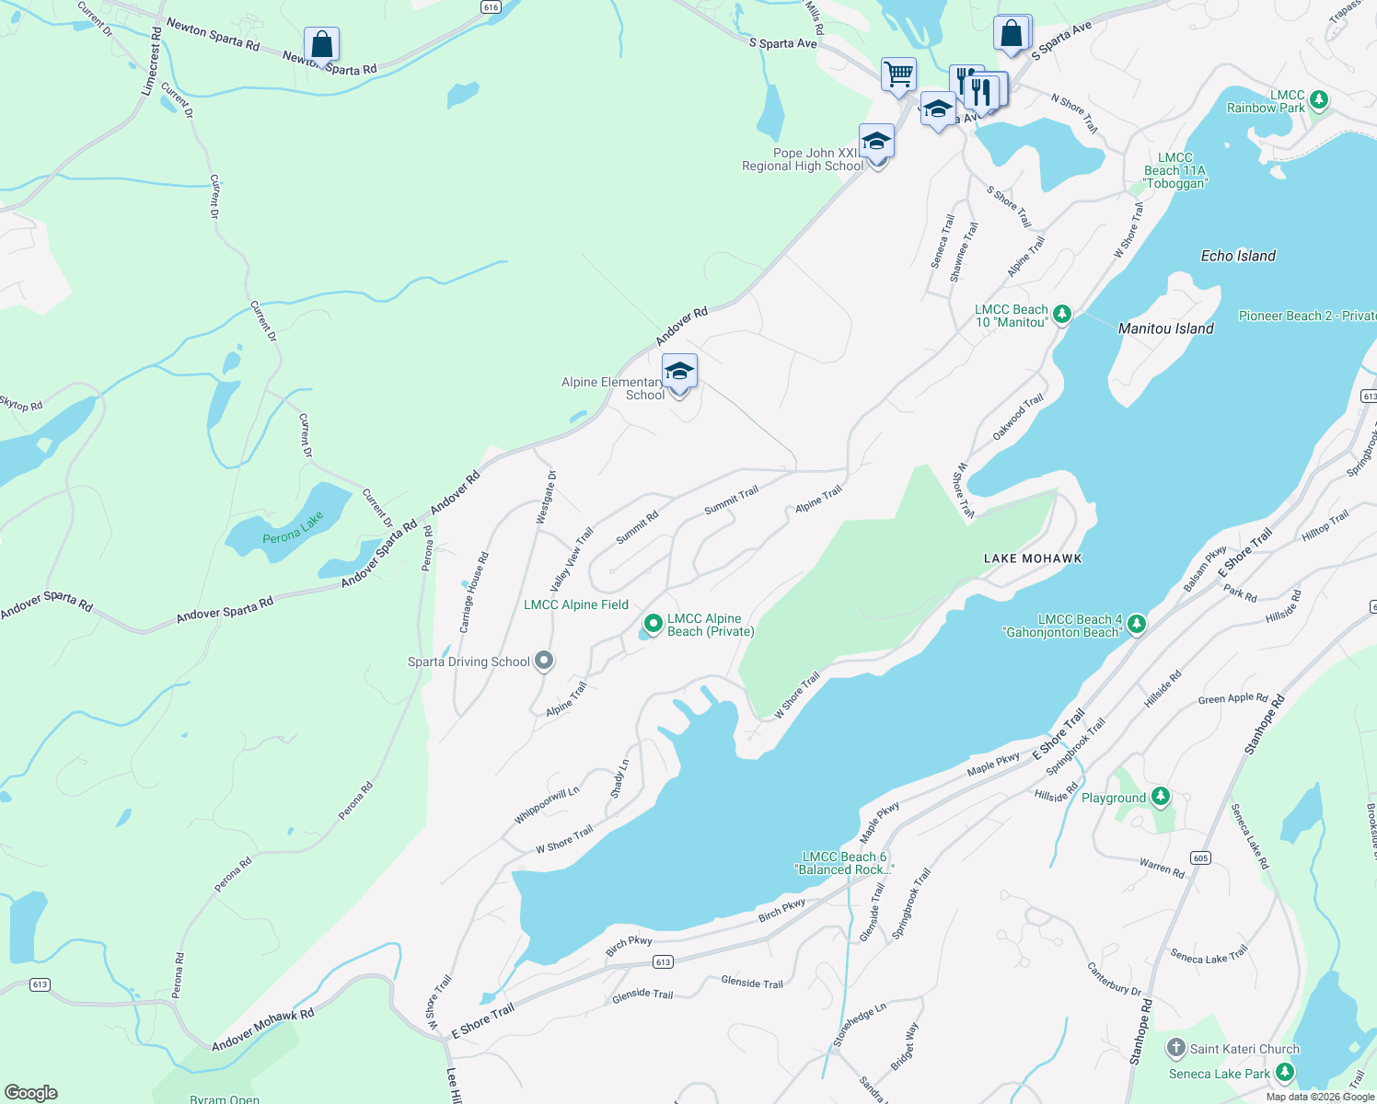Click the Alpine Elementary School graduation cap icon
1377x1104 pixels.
click(x=679, y=372)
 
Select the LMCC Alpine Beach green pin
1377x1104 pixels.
click(x=653, y=625)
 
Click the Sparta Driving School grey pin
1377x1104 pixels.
click(x=544, y=661)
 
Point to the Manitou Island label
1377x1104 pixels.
click(x=1165, y=328)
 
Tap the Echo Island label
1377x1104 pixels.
click(x=1238, y=256)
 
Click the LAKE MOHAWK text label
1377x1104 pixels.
click(x=1033, y=558)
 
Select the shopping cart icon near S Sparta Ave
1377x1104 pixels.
click(x=898, y=74)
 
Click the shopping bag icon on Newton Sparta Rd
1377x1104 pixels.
click(x=321, y=44)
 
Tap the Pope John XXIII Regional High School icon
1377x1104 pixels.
click(x=876, y=142)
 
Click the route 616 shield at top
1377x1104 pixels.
click(x=491, y=6)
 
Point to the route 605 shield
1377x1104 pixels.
click(x=1200, y=857)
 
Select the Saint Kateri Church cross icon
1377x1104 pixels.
click(x=1175, y=1048)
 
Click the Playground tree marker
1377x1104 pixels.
click(x=1161, y=797)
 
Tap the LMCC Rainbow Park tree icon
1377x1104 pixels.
click(x=1318, y=99)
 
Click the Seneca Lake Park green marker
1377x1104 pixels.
click(x=1285, y=1073)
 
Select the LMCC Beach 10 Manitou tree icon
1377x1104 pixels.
click(x=1061, y=315)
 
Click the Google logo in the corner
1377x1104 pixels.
click(x=30, y=1092)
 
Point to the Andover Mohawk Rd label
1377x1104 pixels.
click(x=263, y=1029)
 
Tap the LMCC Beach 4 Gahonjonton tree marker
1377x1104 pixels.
click(x=1137, y=625)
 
